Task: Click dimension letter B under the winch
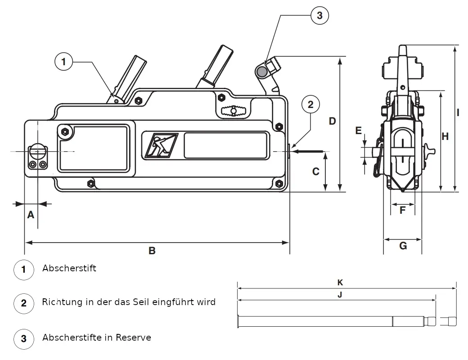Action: point(152,251)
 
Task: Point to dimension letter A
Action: point(31,215)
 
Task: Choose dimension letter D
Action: point(332,121)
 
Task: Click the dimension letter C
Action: point(316,171)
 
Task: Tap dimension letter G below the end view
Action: point(403,246)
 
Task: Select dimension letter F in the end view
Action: point(402,210)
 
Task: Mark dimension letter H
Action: point(445,136)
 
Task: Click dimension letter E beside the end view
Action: point(359,130)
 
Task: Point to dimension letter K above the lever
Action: point(340,283)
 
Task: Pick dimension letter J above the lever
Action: point(340,295)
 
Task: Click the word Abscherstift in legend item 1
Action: point(69,268)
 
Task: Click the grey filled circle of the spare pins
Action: point(262,72)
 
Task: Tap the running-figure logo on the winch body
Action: point(162,145)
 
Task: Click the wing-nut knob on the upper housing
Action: point(234,111)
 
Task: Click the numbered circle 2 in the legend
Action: point(23,303)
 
